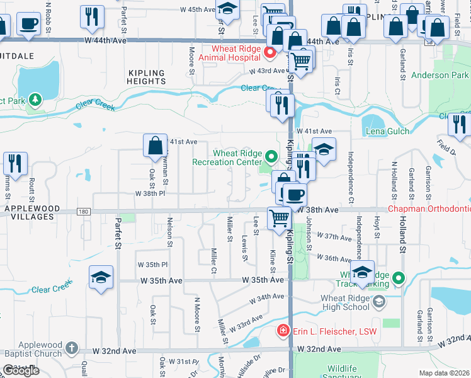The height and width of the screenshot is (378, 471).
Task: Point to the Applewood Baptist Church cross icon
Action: [72, 348]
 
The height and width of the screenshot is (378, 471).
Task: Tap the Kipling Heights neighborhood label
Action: [146, 77]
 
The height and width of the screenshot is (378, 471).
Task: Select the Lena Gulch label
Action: [387, 131]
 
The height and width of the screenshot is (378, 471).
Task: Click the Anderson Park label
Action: [440, 75]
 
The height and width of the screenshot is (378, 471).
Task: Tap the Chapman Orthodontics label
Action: [429, 209]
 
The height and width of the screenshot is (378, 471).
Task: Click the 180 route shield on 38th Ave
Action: [83, 212]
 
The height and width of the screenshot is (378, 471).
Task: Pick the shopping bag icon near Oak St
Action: [155, 146]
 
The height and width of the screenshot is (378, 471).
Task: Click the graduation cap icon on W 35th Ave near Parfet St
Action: [101, 278]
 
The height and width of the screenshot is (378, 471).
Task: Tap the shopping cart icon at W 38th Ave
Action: [279, 218]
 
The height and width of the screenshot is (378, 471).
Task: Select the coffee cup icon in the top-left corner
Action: [28, 24]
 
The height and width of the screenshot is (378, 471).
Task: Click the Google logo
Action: [21, 370]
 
